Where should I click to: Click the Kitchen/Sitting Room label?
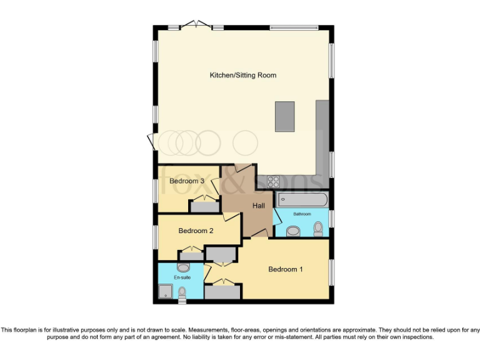coord(242,76)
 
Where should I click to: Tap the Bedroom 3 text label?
coord(187,181)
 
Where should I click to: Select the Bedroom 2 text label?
coord(196,231)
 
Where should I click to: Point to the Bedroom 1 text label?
coord(285,269)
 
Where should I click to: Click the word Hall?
coord(259,206)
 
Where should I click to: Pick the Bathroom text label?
coord(302,214)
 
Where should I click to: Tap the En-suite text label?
coord(182,277)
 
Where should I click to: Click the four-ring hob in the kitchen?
coord(273,182)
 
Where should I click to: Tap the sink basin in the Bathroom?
coord(292,231)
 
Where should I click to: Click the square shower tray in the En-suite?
coord(166,291)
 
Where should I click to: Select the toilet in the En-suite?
coord(182,292)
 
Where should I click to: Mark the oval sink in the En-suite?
coord(183,267)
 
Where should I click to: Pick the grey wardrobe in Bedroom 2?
coord(191,255)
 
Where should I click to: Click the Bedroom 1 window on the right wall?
coord(331,272)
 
